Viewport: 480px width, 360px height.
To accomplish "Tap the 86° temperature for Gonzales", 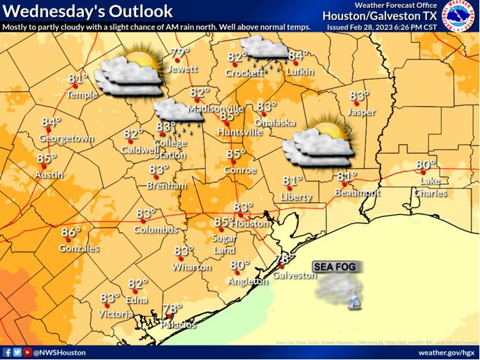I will pos(70,232).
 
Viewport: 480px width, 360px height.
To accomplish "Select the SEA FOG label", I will pos(335,266).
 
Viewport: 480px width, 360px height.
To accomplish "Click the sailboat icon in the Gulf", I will pos(354,301).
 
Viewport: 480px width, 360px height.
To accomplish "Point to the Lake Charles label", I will pos(430,187).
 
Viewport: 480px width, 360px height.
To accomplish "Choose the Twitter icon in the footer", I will pos(16,353).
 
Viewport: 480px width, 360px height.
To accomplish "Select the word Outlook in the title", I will pos(142,12).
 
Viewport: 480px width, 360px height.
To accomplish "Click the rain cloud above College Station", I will pos(179,114).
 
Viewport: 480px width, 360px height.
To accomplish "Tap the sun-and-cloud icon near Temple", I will pos(130,74).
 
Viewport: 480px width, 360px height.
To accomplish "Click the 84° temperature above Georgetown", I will pos(51,122).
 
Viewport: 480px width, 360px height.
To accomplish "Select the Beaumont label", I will pos(358,193).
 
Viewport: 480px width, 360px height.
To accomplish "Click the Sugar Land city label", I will pos(225,244).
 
